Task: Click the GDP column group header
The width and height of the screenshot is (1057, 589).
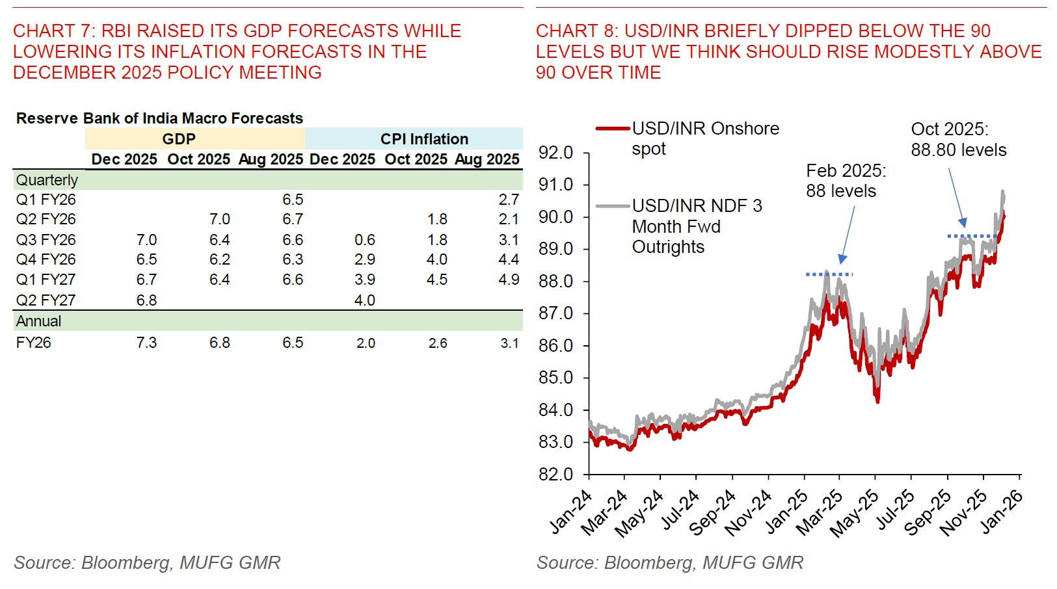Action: tap(179, 139)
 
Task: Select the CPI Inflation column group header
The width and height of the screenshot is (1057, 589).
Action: tap(424, 139)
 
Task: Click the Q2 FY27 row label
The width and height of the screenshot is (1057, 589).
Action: tap(46, 300)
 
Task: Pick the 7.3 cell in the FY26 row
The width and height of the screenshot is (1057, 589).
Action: tap(146, 343)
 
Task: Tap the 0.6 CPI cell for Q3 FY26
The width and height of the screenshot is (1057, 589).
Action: tap(364, 240)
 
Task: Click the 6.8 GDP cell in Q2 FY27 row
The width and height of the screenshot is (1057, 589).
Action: tap(146, 300)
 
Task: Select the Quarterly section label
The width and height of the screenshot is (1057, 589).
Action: tap(47, 180)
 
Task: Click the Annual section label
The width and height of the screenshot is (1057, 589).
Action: tap(38, 321)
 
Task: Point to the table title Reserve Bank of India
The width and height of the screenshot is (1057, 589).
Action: tap(159, 118)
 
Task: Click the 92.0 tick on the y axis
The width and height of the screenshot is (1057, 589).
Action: tap(555, 153)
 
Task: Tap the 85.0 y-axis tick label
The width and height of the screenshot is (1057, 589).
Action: tap(555, 378)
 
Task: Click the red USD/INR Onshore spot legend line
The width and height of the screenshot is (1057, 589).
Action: tap(613, 129)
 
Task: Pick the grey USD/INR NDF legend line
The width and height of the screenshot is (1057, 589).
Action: tap(613, 206)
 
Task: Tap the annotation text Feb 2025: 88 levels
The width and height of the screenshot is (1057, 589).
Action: tap(846, 181)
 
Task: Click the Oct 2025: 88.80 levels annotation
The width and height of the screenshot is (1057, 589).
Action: tap(958, 139)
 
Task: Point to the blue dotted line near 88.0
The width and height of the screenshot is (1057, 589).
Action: tap(829, 274)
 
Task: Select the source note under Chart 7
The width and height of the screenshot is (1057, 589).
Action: tap(147, 562)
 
